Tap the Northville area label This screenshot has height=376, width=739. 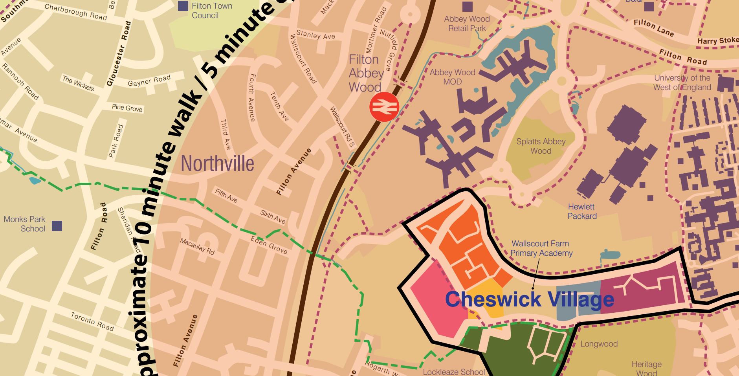point(217,163)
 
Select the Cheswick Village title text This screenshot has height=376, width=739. point(529,299)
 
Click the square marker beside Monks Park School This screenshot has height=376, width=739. point(57,226)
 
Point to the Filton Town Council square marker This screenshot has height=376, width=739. point(183,6)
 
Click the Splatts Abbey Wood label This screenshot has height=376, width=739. point(541,146)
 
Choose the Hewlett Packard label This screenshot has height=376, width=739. point(582,211)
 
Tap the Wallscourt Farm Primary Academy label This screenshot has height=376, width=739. point(541,248)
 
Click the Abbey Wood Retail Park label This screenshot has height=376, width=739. point(467,24)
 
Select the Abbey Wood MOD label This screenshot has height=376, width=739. point(452,77)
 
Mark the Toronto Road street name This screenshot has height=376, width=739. point(92,321)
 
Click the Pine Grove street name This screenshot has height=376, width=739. point(127,108)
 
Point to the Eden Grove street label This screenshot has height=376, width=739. point(269,245)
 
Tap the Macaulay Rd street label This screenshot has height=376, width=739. point(197,246)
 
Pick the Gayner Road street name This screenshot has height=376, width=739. point(149,81)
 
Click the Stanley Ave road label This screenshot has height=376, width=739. point(316,35)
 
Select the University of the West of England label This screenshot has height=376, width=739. point(682,83)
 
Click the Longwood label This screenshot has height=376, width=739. point(599,344)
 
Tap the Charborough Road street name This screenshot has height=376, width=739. point(75,12)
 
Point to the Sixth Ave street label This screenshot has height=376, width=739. point(273,216)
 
